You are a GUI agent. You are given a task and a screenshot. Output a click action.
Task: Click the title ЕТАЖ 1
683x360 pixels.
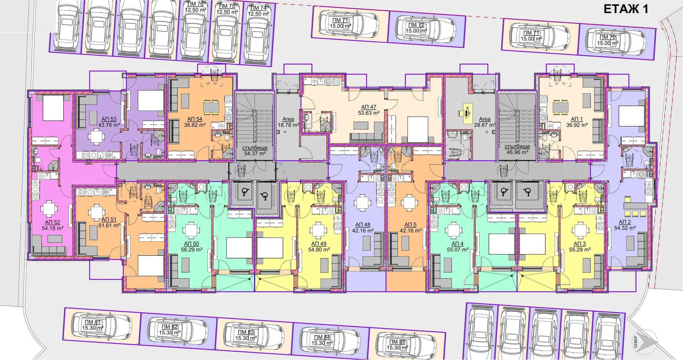point(626,9)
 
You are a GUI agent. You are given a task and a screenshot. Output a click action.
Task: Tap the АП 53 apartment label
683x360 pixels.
point(109,119)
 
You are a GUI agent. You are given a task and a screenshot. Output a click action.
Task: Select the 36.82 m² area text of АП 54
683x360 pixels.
point(195,125)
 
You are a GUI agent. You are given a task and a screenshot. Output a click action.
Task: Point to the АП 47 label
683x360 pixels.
point(369,107)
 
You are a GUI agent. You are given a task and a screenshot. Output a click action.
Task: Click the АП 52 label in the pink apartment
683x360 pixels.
point(52,222)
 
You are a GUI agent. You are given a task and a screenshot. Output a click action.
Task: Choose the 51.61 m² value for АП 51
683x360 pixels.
point(109,225)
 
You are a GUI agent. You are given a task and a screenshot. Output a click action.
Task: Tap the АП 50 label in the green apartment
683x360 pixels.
point(191,244)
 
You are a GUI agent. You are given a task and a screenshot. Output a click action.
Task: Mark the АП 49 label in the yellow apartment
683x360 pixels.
point(319,244)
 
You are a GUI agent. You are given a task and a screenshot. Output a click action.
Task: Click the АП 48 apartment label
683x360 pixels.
point(363,225)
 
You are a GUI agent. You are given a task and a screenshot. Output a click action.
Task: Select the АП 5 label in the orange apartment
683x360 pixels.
point(410,225)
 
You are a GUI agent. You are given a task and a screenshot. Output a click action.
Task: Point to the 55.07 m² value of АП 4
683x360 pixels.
point(458,250)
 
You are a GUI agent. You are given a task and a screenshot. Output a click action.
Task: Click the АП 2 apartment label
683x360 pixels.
point(625,222)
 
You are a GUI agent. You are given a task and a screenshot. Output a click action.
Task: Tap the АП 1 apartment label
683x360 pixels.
point(576,119)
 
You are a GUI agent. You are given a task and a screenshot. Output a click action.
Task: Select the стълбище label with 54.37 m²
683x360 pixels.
point(255,148)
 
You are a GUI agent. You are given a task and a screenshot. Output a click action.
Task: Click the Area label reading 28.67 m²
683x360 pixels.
point(485,119)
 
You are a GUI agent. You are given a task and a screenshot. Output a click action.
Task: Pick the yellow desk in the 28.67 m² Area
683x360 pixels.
point(467,113)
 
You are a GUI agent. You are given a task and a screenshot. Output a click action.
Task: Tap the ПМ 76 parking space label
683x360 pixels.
point(195,4)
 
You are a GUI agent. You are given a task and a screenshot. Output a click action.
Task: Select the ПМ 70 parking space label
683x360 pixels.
point(608,37)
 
